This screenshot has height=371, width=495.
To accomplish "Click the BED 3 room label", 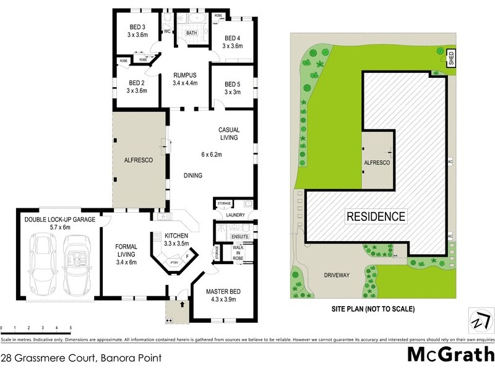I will point(137,27).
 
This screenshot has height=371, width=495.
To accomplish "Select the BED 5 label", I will point(232,84).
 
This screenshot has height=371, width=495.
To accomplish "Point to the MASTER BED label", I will point(216,292).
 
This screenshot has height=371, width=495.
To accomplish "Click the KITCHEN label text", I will point(176,236).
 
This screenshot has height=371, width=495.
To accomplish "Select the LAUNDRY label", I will point(235,215).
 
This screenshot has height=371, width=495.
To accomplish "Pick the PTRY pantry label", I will point(174,263).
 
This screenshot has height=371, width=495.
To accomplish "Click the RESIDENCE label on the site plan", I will point(376,216).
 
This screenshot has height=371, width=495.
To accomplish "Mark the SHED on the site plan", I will point(451,58).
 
